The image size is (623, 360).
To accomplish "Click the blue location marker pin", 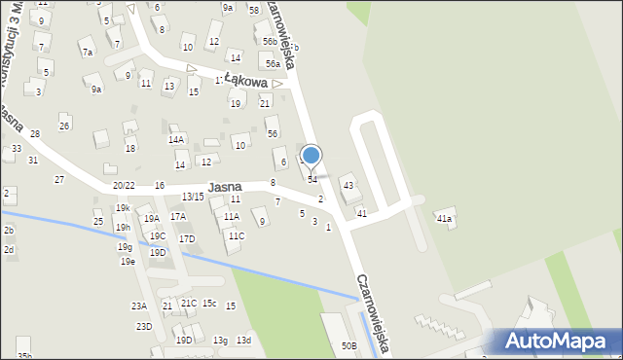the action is click(311, 156).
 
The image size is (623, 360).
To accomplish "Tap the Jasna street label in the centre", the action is click(224, 187).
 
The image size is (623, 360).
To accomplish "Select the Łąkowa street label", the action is click(245, 82).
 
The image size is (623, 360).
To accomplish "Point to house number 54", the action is click(312, 179).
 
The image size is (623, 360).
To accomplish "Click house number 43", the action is click(348, 185).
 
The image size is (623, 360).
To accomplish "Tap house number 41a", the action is click(444, 219).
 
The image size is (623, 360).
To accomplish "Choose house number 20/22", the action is click(124, 185).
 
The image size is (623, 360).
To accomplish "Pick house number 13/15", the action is click(193, 197).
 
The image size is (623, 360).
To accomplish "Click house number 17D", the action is click(187, 238).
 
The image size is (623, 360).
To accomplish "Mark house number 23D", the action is click(143, 326).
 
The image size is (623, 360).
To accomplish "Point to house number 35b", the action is click(24, 356).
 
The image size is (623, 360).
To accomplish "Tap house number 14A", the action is click(176, 139).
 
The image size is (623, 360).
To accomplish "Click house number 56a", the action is click(274, 63).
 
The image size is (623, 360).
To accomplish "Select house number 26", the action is click(64, 126).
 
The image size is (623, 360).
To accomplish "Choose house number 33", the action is click(17, 149).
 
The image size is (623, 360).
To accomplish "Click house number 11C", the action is click(237, 235).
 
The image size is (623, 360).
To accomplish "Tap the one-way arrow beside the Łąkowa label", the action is click(276, 84).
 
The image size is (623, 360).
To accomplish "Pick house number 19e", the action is click(128, 261).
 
